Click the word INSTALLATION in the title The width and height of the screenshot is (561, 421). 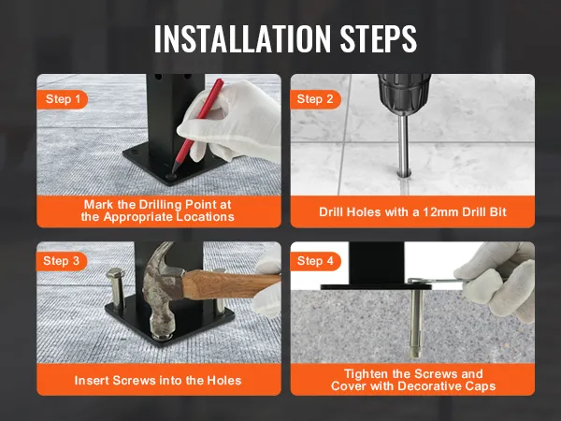[235, 38]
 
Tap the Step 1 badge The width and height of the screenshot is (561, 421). [63, 98]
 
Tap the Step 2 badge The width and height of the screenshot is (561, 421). [316, 98]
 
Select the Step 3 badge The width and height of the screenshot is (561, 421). [63, 261]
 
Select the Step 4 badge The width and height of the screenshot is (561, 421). [316, 261]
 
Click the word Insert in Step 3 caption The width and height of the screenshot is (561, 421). [93, 380]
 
